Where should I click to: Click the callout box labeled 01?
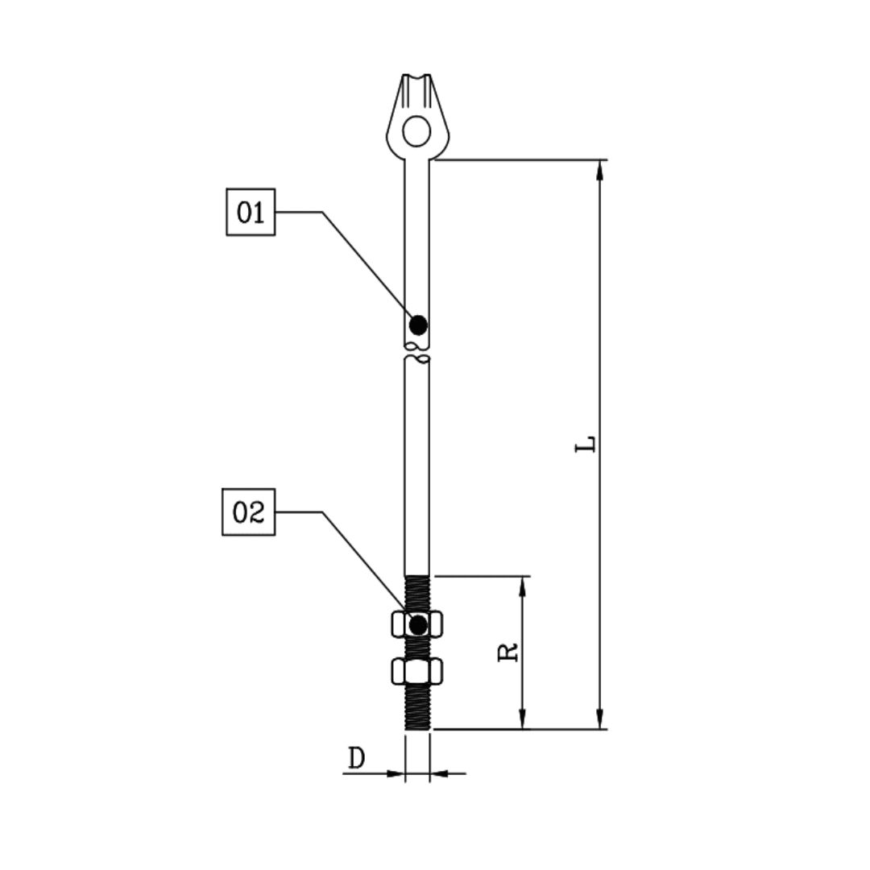click(x=251, y=212)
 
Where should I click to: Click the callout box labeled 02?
click(x=248, y=512)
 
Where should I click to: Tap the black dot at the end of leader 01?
click(x=418, y=325)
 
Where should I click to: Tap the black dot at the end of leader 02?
click(x=417, y=624)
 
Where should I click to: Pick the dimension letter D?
click(x=356, y=758)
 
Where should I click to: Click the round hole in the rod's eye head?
click(x=416, y=130)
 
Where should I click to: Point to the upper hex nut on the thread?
click(x=417, y=624)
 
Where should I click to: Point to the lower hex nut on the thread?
click(x=417, y=670)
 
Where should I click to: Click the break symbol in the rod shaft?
click(x=417, y=351)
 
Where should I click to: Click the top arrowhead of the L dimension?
click(x=599, y=168)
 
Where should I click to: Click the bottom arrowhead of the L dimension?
click(x=599, y=720)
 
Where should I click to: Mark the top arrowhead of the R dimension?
click(x=522, y=585)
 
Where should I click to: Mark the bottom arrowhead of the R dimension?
click(x=522, y=720)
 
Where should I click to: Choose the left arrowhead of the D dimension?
click(x=396, y=773)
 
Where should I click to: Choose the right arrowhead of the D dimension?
click(x=439, y=773)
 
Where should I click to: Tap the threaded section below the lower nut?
click(x=417, y=707)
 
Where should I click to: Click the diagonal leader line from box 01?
click(x=367, y=264)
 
